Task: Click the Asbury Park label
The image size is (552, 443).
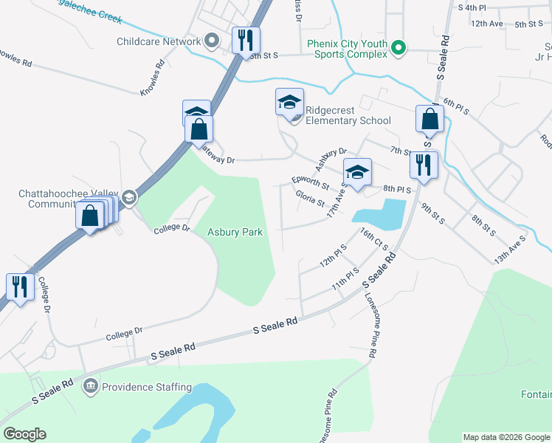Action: click(x=235, y=232)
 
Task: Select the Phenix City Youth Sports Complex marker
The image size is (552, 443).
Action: click(x=399, y=49)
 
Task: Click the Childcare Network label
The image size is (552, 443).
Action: click(x=159, y=41)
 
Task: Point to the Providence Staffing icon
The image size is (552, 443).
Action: click(x=90, y=385)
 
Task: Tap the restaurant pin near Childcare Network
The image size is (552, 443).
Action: click(x=246, y=40)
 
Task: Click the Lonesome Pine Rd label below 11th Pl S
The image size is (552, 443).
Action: click(x=371, y=326)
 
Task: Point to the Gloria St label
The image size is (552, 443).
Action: click(x=309, y=198)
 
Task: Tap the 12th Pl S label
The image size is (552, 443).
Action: click(x=333, y=257)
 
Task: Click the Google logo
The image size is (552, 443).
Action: click(x=24, y=434)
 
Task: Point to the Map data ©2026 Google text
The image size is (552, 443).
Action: click(x=506, y=437)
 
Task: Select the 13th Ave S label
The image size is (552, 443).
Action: click(x=510, y=250)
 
